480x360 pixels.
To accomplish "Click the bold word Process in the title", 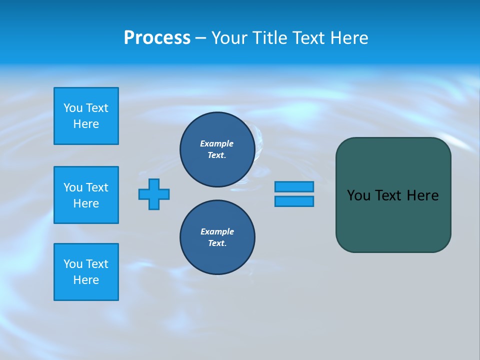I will (157, 38).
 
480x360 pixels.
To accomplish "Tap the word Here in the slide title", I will (349, 38).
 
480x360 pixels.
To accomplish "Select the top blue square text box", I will (86, 116).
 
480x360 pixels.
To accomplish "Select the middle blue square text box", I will (86, 195).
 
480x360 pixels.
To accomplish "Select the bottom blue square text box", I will (86, 272).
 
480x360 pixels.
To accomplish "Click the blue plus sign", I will (154, 194).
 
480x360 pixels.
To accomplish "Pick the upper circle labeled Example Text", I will (217, 149).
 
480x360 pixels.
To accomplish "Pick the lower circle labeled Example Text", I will (217, 237).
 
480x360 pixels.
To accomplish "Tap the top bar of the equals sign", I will (294, 186).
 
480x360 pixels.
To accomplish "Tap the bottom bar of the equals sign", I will (294, 201).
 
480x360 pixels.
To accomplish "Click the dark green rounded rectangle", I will (393, 225).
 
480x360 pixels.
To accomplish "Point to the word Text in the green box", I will (389, 195).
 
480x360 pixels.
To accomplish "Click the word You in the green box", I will (358, 195).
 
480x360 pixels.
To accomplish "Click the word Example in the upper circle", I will (217, 143).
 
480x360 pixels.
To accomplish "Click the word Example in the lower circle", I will (217, 231).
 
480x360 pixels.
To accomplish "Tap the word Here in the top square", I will (86, 124).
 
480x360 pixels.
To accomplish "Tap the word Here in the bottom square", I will (86, 280).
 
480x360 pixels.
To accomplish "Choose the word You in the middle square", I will (73, 187).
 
